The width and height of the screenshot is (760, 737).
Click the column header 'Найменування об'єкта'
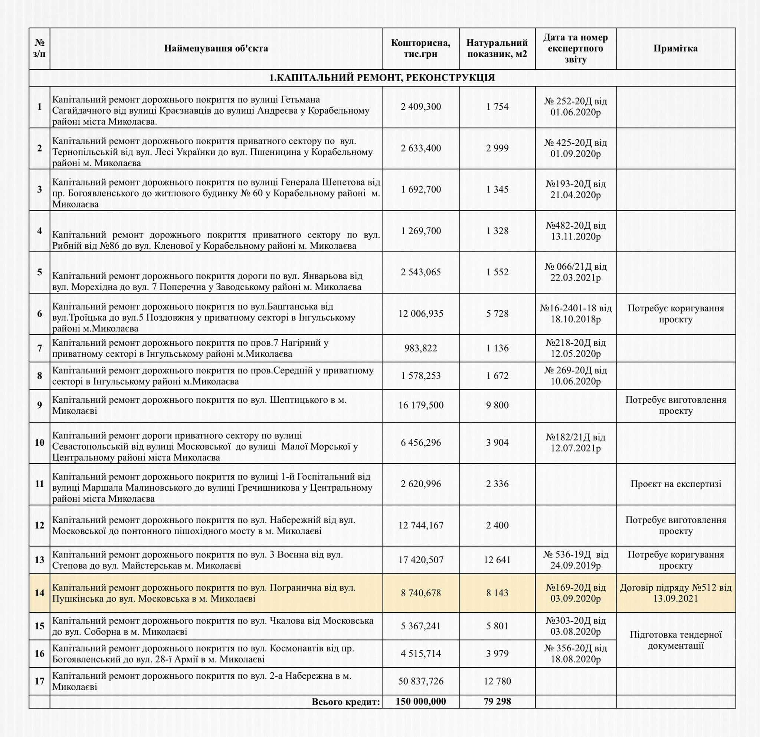point(216,49)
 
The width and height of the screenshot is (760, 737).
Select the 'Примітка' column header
point(675,49)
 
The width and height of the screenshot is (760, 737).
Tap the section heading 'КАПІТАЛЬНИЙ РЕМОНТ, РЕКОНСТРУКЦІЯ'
point(382,78)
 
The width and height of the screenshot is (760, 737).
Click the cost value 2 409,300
point(421,107)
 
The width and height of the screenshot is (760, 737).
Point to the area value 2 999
point(497,148)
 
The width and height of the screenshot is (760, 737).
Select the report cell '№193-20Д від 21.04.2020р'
point(576,189)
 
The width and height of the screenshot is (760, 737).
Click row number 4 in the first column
point(40,231)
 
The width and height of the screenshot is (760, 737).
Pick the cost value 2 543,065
point(421,272)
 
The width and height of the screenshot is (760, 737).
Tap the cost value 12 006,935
point(421,314)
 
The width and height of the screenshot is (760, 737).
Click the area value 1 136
point(497,348)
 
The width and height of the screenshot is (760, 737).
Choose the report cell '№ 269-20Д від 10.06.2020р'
point(576,376)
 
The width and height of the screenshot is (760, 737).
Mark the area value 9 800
point(497,405)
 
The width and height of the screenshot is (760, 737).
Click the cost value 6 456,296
point(421,442)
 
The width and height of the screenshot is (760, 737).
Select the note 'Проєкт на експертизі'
point(675,484)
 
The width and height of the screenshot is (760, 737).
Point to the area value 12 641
point(497,560)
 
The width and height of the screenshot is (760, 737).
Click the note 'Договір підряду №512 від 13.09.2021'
point(675,593)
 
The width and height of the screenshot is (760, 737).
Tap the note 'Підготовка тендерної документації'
point(675,640)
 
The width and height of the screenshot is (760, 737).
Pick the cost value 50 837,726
point(421,681)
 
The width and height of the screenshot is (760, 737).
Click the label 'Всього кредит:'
point(346,702)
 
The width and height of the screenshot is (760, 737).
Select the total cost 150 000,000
point(421,701)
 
